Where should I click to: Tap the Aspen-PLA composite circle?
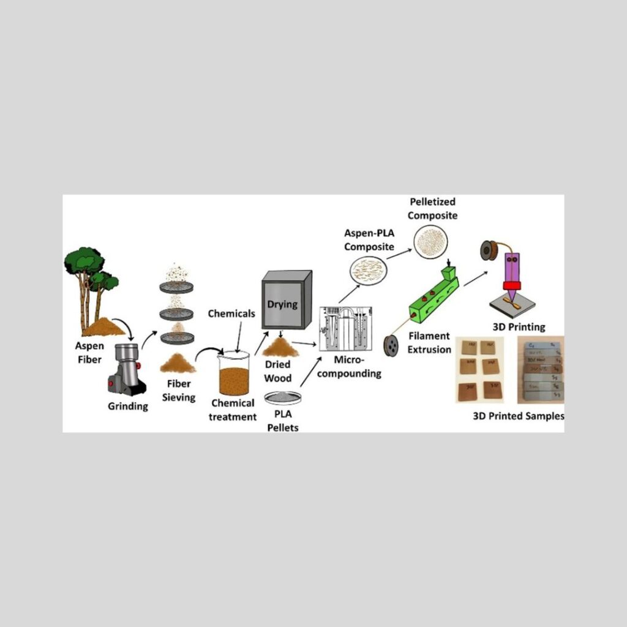point(367,268)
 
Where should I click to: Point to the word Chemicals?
point(231,314)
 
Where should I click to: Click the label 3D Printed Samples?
point(518,417)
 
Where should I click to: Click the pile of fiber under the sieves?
point(178,364)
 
